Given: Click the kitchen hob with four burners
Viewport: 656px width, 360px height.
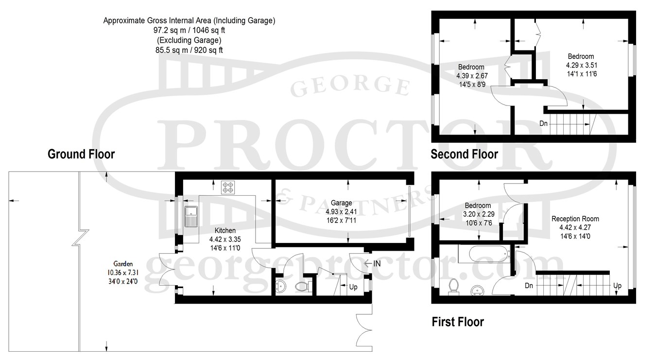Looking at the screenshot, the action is [228, 188].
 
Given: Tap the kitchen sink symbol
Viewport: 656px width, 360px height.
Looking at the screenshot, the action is [191, 216].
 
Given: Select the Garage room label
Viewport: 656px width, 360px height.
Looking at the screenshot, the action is [341, 203].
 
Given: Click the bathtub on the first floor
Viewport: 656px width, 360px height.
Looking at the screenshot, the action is [488, 254].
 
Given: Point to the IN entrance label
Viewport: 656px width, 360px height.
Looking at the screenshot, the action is [377, 263].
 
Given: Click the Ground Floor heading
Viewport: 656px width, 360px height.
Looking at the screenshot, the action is [81, 154].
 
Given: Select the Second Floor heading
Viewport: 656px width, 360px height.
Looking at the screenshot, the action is [464, 154].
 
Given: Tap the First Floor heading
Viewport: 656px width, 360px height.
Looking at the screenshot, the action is [458, 322].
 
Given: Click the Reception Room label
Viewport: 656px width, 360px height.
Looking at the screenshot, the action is [575, 219].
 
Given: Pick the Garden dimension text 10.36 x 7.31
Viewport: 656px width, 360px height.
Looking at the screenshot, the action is [123, 273].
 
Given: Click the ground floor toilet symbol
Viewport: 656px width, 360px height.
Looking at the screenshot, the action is [302, 286].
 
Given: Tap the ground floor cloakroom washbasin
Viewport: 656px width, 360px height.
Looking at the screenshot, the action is [281, 286].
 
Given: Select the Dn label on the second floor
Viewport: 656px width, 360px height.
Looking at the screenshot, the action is [543, 123].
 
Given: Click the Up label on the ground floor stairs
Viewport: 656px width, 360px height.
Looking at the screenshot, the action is [353, 287].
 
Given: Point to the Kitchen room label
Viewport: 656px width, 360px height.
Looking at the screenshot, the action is [225, 230].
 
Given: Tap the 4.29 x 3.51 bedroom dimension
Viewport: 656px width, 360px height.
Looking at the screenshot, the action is [581, 65].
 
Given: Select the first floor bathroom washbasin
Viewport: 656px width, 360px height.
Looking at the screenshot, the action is [478, 291].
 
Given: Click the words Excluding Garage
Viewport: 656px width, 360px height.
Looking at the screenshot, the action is [189, 40].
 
